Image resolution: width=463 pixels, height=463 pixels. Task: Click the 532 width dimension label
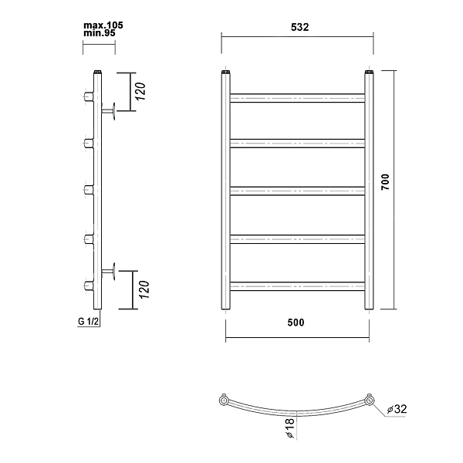(299, 27)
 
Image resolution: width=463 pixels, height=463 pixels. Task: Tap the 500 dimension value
(296, 323)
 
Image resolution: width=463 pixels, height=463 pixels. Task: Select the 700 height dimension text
(385, 182)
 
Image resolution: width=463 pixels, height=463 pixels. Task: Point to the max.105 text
(103, 25)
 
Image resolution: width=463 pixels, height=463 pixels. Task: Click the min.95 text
(100, 33)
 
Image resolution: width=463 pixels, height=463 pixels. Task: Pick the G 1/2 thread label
(88, 321)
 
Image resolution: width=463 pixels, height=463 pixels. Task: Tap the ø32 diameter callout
(397, 409)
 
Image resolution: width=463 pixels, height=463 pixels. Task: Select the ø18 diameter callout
(291, 428)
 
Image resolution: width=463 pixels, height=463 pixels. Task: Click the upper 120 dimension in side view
(140, 92)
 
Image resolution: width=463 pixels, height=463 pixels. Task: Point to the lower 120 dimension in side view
(144, 289)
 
